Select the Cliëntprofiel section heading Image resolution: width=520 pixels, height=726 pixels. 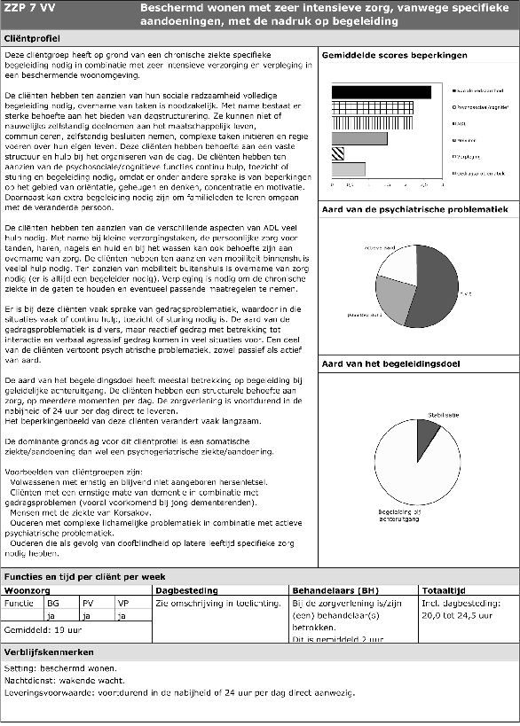[x=33, y=40]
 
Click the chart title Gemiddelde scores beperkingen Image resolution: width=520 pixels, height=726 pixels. [x=393, y=56]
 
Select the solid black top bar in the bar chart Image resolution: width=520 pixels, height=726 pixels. [x=381, y=92]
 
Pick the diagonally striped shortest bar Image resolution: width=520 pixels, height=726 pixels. [x=338, y=153]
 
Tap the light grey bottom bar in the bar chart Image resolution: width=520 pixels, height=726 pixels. [x=348, y=168]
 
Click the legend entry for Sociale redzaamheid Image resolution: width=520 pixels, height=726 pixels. [x=480, y=90]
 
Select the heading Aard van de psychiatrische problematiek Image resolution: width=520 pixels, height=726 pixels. [x=414, y=209]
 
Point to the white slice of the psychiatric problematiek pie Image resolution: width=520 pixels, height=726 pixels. [x=396, y=258]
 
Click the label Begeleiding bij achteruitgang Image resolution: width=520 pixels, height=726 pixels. [x=406, y=515]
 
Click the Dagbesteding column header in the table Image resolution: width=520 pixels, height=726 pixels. [x=181, y=589]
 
